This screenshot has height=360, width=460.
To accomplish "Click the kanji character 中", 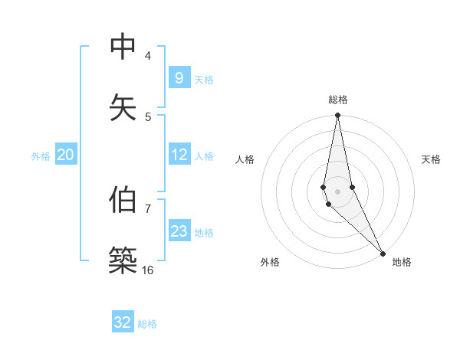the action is tap(123, 47).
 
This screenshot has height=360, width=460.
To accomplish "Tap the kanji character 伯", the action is tap(123, 200).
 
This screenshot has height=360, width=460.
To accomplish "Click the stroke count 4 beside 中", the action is tap(147, 55).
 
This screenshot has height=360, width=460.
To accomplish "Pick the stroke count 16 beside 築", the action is tap(147, 270).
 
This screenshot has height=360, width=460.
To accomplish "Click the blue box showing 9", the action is tap(179, 77).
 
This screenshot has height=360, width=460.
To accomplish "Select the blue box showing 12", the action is tap(179, 155).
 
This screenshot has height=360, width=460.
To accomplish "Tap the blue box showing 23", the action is tap(179, 231).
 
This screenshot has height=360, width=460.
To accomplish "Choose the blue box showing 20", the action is tap(65, 155).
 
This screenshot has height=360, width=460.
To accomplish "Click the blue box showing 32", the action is tap(123, 322).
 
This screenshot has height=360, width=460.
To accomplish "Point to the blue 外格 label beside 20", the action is tap(41, 156).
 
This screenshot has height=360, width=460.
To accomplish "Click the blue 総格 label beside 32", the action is tap(147, 324).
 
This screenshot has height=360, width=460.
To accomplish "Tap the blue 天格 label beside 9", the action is tap(204, 79).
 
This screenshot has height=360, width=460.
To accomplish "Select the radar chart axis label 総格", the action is tap(338, 100).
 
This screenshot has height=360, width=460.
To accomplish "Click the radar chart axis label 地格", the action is tap(402, 262).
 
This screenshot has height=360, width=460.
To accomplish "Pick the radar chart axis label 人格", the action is tap(245, 159).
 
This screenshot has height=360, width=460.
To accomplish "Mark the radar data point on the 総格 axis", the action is tap(337, 116).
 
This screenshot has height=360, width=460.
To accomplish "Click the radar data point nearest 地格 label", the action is tap(383, 252).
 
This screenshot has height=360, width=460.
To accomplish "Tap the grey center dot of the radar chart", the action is tap(337, 191).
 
